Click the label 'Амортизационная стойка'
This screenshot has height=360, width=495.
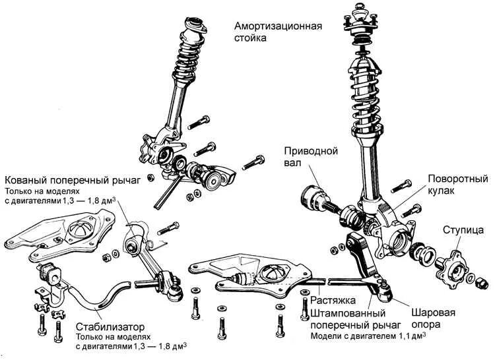277,32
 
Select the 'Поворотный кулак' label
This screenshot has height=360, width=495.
457,185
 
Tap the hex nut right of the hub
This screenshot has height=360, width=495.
483,282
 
